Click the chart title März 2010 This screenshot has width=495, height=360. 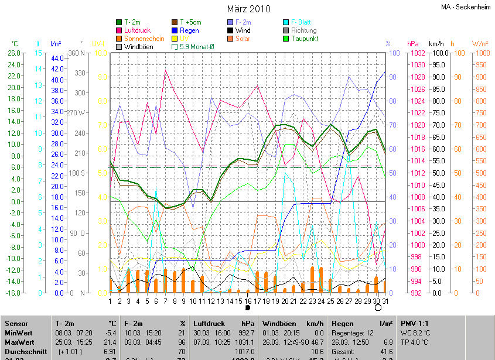coord(248,9)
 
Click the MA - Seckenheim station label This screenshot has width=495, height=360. coord(466,7)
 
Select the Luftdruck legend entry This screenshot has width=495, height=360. coord(138,30)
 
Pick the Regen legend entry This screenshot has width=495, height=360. coord(190,30)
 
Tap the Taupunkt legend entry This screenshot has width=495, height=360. coord(304,39)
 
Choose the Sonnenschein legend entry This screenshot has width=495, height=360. coord(144,39)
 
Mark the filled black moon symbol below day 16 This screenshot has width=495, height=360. coord(247,307)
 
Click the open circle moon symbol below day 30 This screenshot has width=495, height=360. coord(378,307)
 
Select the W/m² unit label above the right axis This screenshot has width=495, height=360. coord(480,44)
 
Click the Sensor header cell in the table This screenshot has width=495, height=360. coord(16,323)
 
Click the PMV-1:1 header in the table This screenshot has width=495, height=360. coord(415,323)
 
